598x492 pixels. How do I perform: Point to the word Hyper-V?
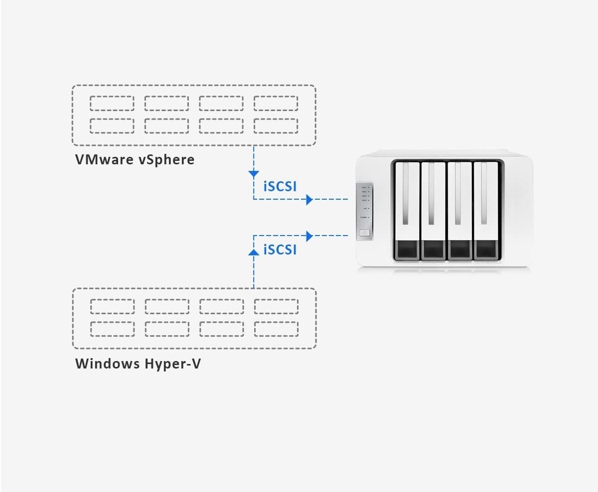(173, 364)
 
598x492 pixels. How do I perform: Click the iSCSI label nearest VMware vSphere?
(280, 186)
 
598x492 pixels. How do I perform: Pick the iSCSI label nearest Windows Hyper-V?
(280, 249)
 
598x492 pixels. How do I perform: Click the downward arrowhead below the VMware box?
(254, 174)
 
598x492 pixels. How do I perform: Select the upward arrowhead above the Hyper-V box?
(254, 252)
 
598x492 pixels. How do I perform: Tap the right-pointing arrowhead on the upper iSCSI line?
(309, 199)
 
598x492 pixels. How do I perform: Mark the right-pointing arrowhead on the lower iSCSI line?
(309, 236)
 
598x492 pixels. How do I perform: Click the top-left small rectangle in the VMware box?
(112, 103)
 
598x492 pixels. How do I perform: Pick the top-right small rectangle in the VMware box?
(276, 103)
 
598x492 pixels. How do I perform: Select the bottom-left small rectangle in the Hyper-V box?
(112, 329)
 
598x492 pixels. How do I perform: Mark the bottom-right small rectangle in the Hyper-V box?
(276, 329)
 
